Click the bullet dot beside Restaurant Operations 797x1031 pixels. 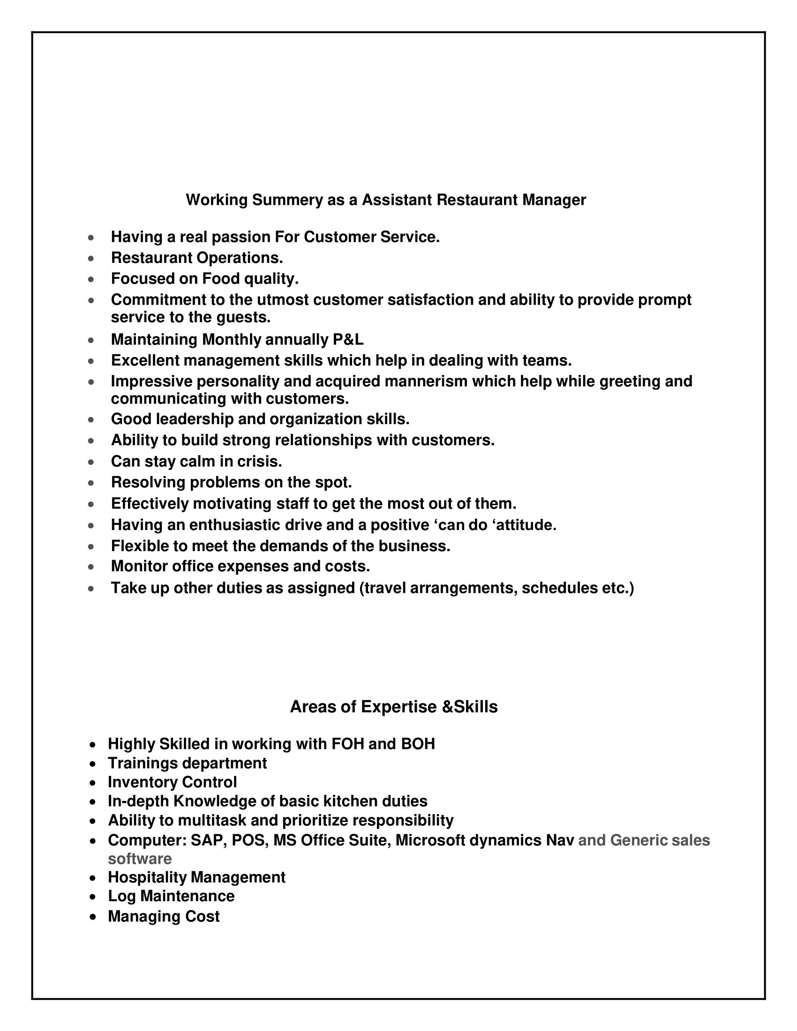[91, 259]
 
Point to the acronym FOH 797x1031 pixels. [347, 744]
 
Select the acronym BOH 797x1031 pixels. [418, 744]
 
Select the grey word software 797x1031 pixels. [140, 858]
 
